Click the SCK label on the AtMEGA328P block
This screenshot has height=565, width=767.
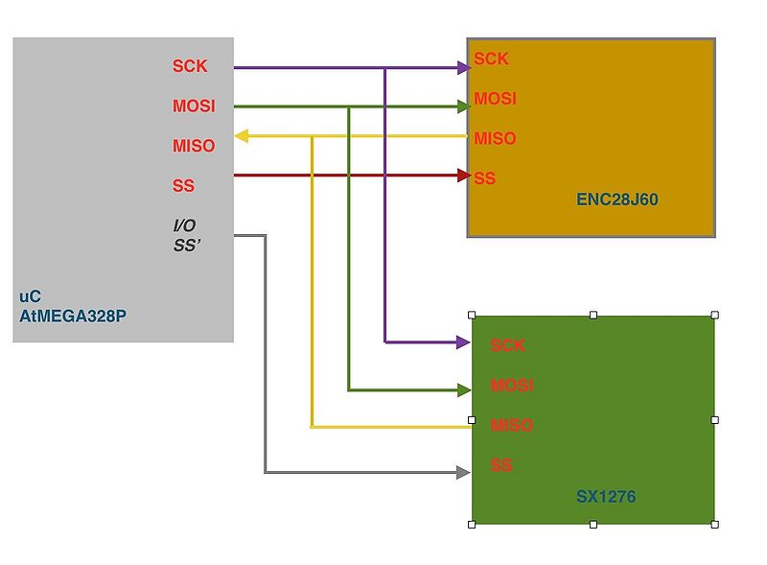tap(190, 66)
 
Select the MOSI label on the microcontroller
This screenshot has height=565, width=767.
tap(194, 106)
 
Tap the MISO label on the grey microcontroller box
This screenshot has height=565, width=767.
tap(194, 146)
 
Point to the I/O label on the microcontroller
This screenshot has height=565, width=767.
tap(184, 225)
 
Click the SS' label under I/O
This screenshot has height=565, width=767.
tap(185, 245)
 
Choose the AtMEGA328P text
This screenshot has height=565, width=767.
tap(72, 313)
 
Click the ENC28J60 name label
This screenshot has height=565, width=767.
tap(617, 200)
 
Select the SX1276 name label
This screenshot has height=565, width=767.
tap(606, 497)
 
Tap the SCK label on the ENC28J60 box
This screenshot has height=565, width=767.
tap(491, 59)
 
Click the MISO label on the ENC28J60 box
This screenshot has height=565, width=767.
tap(495, 138)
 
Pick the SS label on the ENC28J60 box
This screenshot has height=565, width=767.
tap(485, 178)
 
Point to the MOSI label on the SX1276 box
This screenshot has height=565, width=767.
tap(512, 386)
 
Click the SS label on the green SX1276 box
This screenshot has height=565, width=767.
tap(501, 465)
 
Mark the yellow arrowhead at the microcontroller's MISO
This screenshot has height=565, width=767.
tap(242, 136)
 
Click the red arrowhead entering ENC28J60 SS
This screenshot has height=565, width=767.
tap(463, 176)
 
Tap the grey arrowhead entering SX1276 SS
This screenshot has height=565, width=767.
tap(463, 472)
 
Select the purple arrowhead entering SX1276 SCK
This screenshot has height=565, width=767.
tap(463, 341)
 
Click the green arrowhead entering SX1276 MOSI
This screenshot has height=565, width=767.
tap(463, 389)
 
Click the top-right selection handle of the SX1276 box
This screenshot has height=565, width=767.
tap(715, 315)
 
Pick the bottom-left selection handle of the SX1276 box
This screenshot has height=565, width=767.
tap(472, 524)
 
